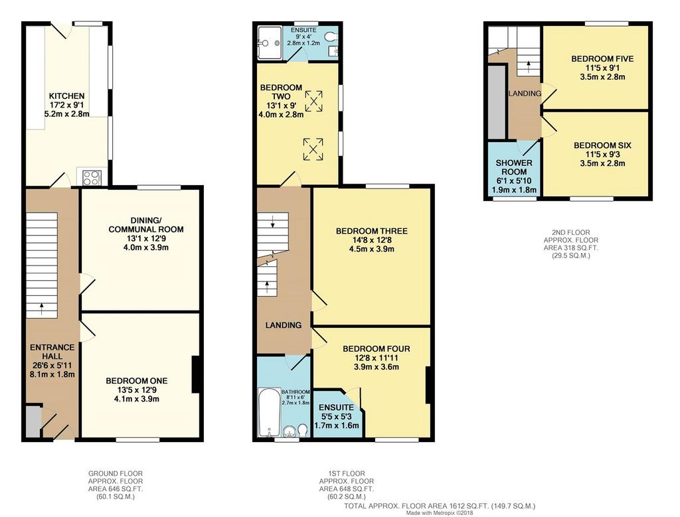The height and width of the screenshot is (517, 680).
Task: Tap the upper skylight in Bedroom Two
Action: coord(313,101)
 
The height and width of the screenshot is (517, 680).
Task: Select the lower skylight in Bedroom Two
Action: coord(313,149)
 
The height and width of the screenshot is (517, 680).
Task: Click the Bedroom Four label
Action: coord(376,349)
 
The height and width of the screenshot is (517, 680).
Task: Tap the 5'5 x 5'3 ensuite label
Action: coord(337,417)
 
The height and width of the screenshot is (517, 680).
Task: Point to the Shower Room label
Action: coord(514,167)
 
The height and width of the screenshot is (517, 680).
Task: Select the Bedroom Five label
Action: coord(602,58)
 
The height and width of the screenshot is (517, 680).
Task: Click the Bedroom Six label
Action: coord(602,145)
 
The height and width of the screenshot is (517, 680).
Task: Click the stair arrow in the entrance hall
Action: coord(42,308)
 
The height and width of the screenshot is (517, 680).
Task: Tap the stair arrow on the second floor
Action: coord(528,66)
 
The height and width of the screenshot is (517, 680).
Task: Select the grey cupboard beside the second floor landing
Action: coord(497,103)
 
